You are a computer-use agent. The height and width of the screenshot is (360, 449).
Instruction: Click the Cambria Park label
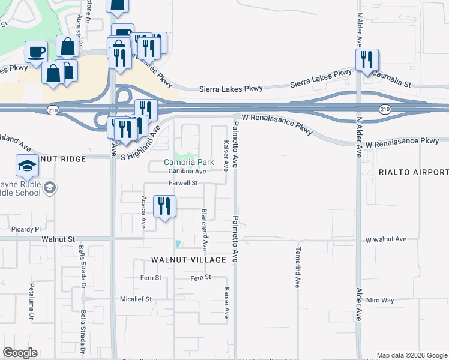[x=189, y=163]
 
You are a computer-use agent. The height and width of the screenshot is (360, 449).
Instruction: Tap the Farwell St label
[x=183, y=183]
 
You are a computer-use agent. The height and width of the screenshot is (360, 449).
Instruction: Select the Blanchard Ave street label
[x=204, y=229]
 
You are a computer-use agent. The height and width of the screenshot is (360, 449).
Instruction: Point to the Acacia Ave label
[x=143, y=212]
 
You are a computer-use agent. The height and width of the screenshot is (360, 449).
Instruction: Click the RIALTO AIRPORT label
[x=414, y=172]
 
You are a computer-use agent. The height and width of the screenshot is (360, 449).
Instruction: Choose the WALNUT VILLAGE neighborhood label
[x=188, y=260]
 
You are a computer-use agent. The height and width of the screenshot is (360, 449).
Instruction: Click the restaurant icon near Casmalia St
[x=366, y=60]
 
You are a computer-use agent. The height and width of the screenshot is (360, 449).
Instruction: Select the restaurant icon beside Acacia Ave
[x=164, y=206]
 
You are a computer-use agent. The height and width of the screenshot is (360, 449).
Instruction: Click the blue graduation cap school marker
[x=26, y=166]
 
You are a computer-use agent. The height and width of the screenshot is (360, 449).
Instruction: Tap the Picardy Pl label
[x=25, y=229]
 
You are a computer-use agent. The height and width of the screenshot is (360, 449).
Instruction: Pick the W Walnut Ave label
[x=386, y=239]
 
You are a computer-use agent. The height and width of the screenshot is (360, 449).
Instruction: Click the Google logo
[x=20, y=353]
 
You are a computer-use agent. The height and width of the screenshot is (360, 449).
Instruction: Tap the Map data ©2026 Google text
[x=412, y=355]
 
